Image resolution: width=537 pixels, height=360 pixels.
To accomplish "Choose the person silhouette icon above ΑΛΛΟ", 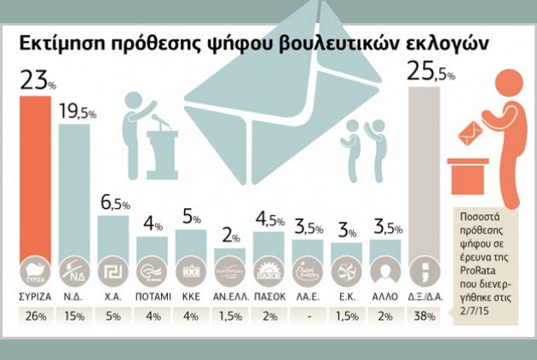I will pyautogui.click(x=386, y=272).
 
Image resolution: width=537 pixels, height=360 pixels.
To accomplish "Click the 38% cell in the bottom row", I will pyautogui.click(x=424, y=317).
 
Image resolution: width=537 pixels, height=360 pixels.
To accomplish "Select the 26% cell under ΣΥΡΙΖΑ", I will pyautogui.click(x=38, y=317).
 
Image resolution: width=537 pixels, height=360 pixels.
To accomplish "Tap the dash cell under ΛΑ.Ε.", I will pyautogui.click(x=309, y=317).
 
